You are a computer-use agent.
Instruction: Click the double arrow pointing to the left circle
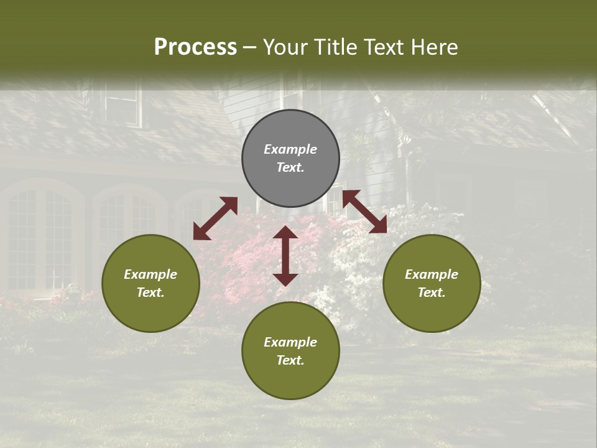click(215, 218)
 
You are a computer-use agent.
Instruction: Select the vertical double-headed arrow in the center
click(285, 256)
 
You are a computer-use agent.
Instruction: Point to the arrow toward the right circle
click(364, 212)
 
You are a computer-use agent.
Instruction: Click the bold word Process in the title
click(195, 47)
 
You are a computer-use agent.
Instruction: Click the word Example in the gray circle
click(290, 149)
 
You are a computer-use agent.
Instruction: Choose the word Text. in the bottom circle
click(290, 360)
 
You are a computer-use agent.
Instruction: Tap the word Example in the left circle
click(150, 274)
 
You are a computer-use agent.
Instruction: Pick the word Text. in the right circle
click(432, 292)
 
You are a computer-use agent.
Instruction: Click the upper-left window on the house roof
click(123, 103)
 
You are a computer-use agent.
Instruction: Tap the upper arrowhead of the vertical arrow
click(285, 233)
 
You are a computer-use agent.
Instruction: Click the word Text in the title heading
click(381, 47)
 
